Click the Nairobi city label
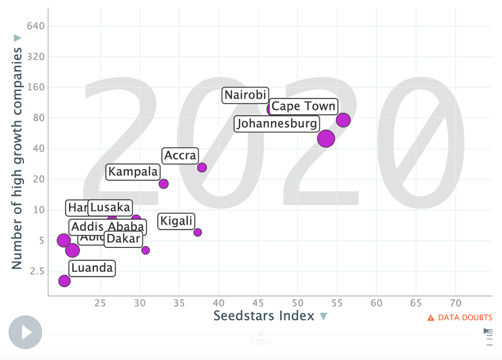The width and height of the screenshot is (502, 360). coord(246,95)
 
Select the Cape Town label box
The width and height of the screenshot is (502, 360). coord(304,107)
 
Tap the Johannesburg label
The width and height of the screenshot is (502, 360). coord(277,124)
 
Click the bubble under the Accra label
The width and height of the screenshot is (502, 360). coord(202,167)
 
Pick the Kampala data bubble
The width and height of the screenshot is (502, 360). coord(164,184)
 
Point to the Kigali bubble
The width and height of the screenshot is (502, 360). coord(198,232)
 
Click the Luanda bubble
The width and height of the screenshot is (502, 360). coord(65,280)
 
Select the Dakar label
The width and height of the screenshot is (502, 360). coord(123,239)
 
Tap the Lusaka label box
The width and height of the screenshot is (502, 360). coord(110,208)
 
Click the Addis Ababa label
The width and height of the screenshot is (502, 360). coord(107,227)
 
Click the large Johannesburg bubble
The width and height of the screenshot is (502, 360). coord(326,138)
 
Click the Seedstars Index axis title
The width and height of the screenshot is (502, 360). coord(264,316)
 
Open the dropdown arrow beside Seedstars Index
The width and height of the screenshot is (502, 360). coord(324,317)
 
